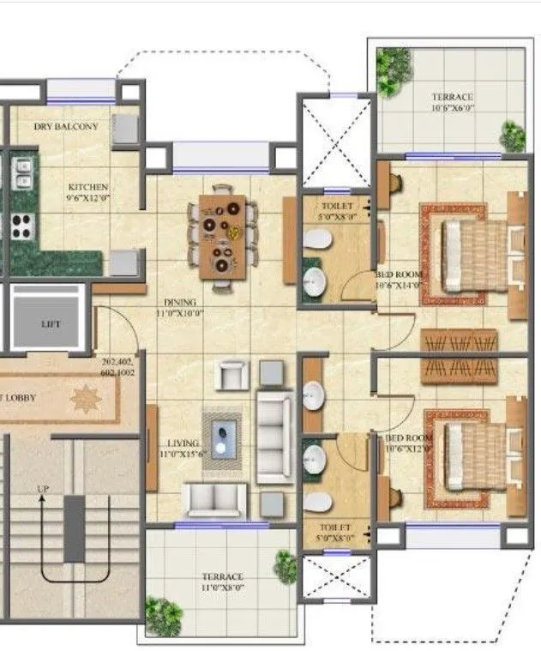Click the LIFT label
(x=50, y=325)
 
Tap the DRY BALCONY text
(x=65, y=127)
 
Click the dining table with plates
(x=222, y=236)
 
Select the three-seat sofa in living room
(x=274, y=435)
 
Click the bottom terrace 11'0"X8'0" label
(x=222, y=582)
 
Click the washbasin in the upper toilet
(x=316, y=282)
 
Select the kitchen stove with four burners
(x=21, y=226)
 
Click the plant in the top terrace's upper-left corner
(x=394, y=62)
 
